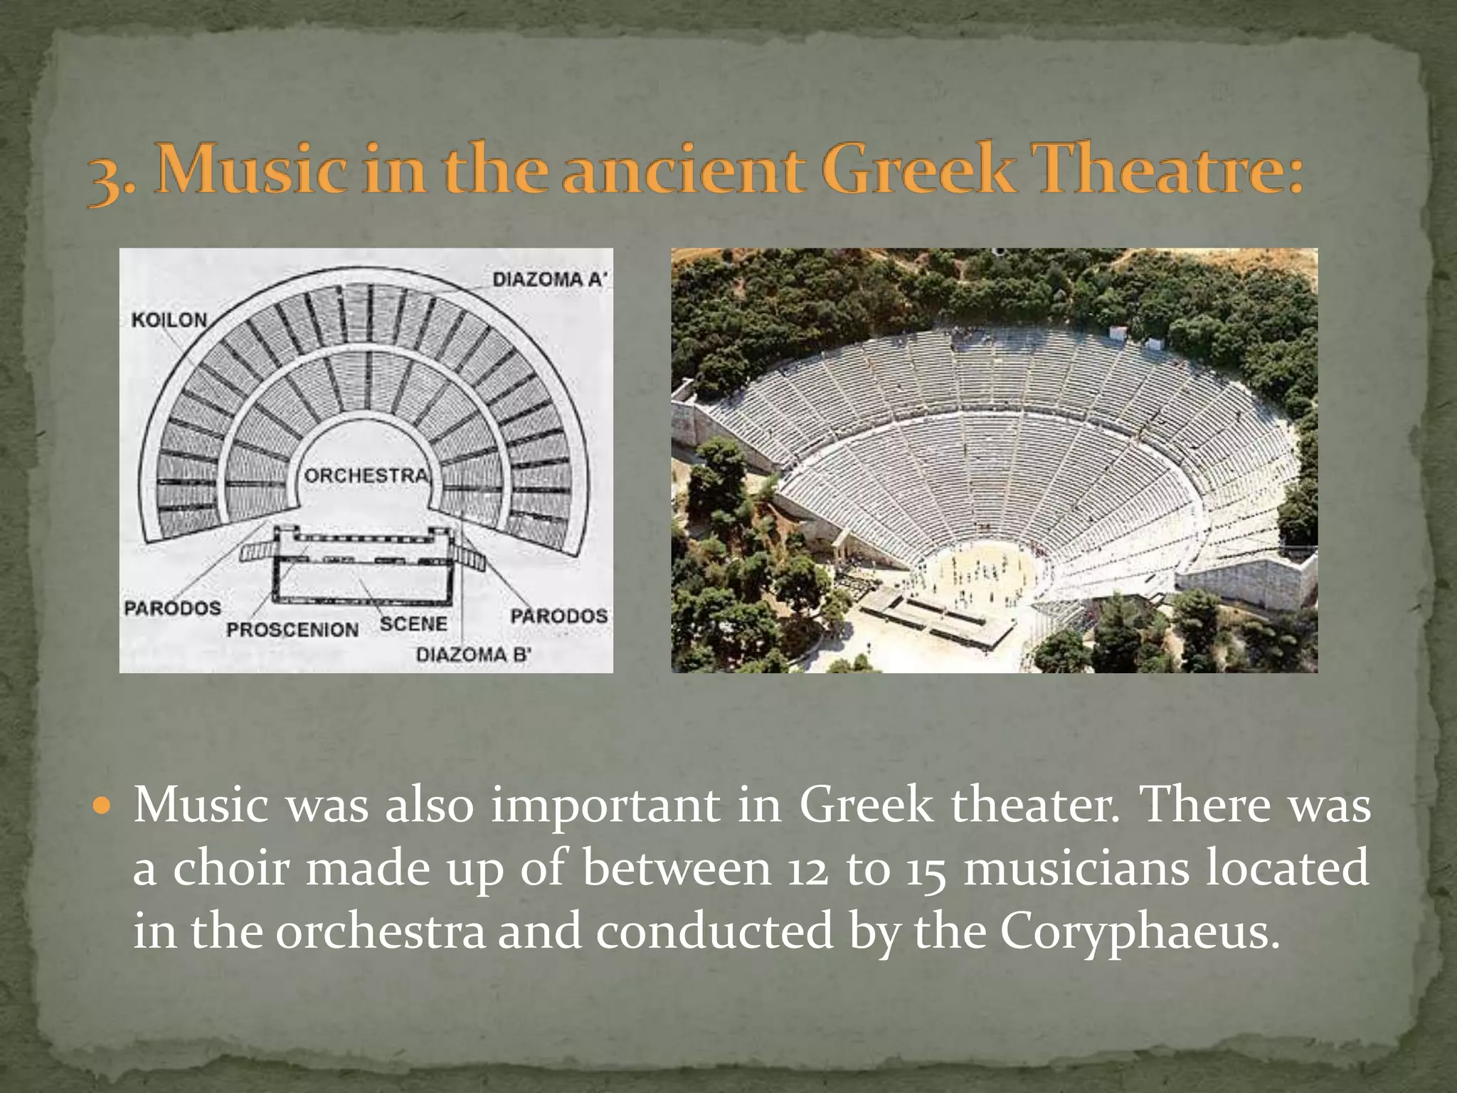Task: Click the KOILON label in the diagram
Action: (x=169, y=320)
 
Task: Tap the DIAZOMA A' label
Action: (x=549, y=279)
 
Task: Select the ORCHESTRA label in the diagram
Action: (x=367, y=475)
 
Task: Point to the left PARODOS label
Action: (x=172, y=608)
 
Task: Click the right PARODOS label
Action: (x=559, y=616)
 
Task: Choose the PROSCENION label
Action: (x=292, y=630)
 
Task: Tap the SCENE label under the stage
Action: (x=413, y=624)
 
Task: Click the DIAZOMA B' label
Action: (x=473, y=655)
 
